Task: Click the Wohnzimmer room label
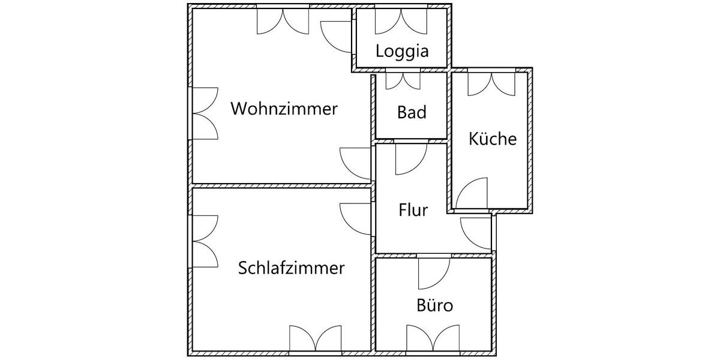284,109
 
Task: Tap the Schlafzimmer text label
292,268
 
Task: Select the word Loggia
402,51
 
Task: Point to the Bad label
412,112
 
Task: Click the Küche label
492,139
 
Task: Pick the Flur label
413,211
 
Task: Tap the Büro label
434,305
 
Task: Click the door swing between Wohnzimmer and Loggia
337,36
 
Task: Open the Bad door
410,157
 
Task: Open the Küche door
472,193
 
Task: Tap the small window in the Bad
403,80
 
